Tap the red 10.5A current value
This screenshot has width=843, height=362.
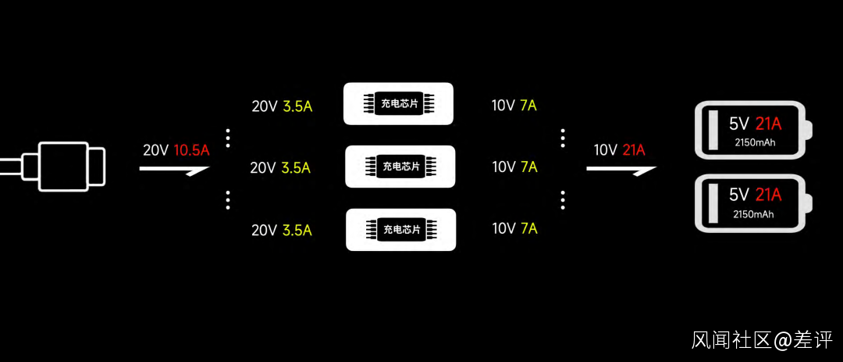(191, 150)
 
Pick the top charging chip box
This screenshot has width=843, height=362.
(398, 103)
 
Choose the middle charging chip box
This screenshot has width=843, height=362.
(400, 167)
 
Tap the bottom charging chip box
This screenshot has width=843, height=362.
(400, 230)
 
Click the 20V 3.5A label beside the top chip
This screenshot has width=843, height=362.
(282, 106)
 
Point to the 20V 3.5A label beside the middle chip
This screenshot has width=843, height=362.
(280, 167)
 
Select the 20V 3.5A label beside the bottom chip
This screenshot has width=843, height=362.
(282, 230)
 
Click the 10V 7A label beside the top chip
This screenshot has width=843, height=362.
(514, 105)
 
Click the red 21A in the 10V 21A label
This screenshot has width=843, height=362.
(633, 150)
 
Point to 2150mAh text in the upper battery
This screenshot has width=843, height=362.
(753, 143)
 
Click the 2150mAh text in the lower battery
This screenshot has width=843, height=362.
(753, 214)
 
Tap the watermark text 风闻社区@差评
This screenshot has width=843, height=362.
(762, 340)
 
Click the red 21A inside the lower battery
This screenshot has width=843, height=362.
(768, 195)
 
